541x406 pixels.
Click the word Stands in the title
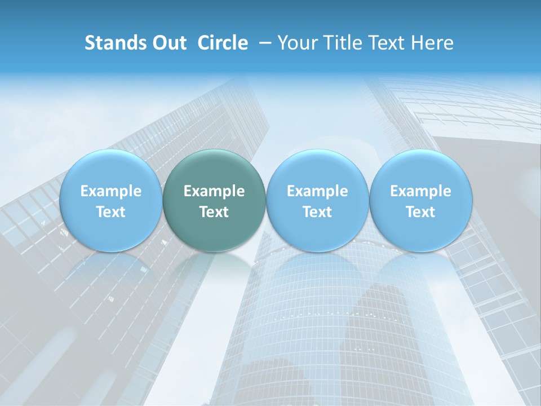110,43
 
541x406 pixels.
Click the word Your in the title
295,43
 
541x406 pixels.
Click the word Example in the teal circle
214,191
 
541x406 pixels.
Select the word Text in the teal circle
214,212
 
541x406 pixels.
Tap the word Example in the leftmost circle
111,191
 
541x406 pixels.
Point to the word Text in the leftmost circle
111,212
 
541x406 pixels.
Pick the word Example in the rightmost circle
420,191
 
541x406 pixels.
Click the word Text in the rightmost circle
420,212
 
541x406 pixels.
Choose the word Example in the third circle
317,191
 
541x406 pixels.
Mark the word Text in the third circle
317,212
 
